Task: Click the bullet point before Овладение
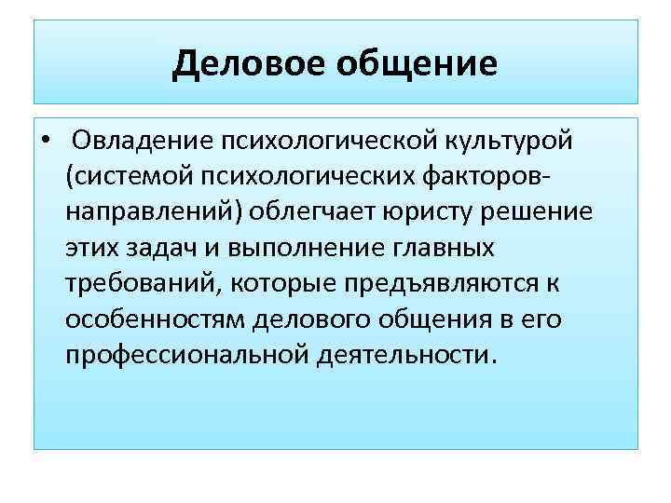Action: coord(46,142)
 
